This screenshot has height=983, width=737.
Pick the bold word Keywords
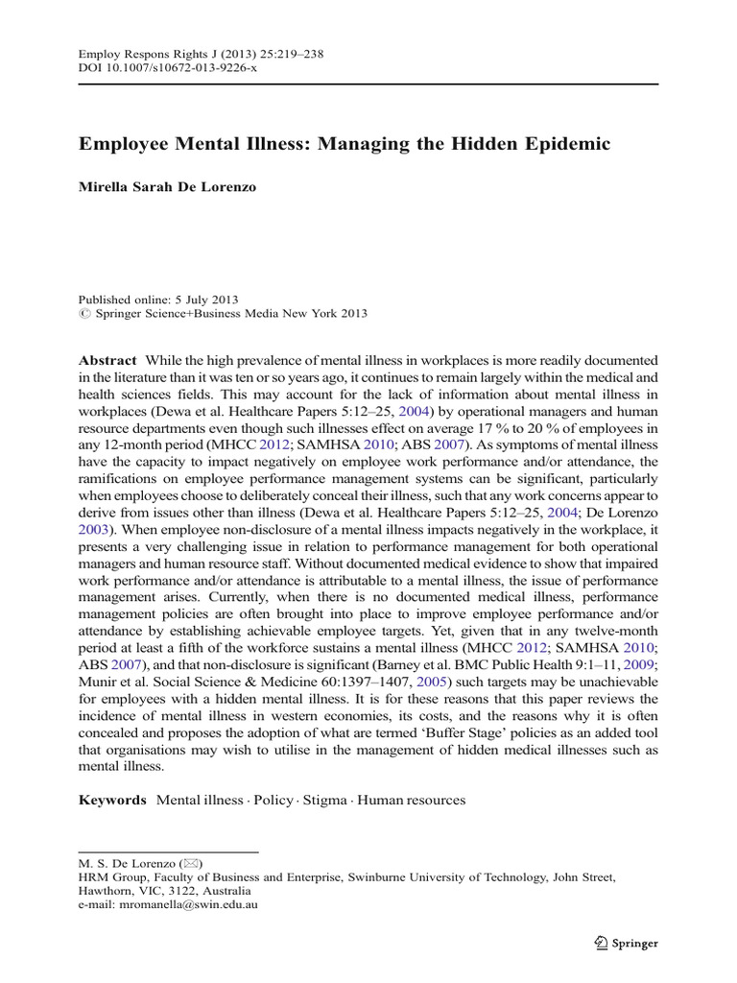click(x=112, y=800)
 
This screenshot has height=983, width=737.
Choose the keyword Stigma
click(x=325, y=800)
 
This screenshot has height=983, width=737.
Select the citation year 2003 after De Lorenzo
click(x=95, y=529)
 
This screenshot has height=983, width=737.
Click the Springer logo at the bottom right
click(x=624, y=943)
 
